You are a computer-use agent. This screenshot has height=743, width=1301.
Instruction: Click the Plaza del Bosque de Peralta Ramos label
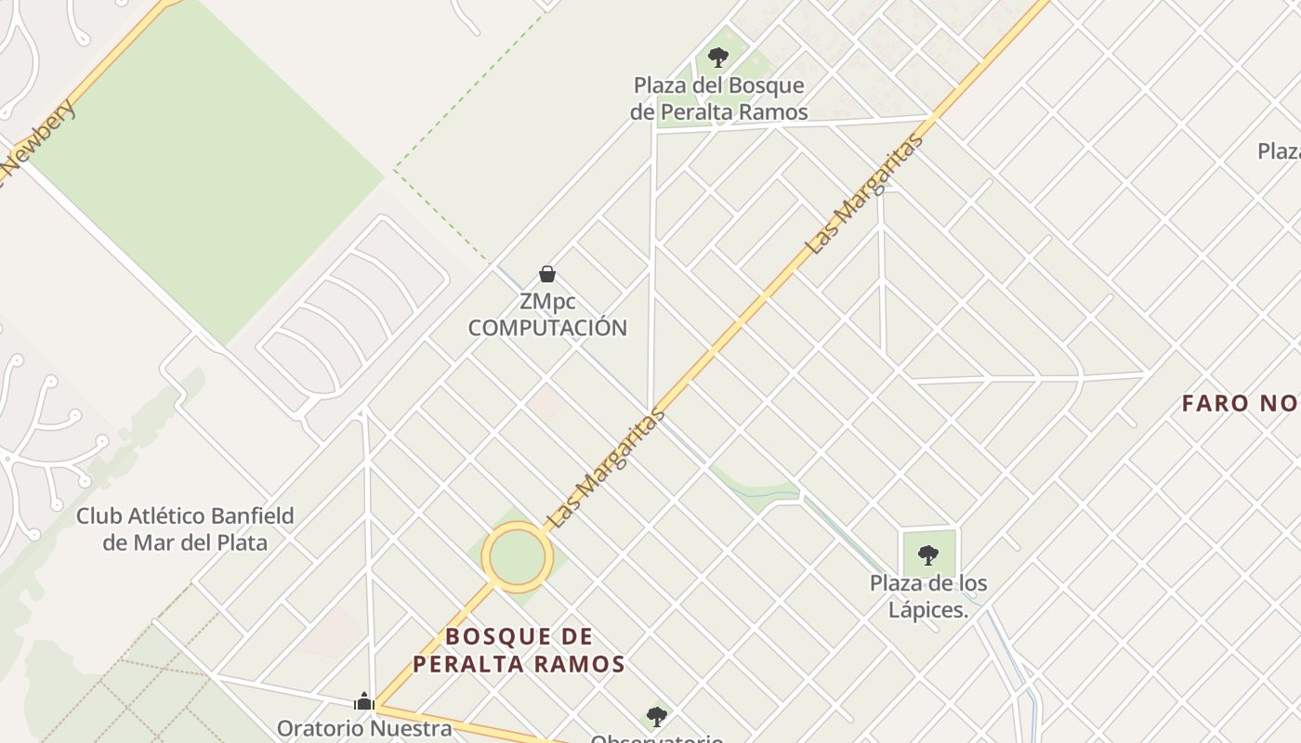click(x=718, y=98)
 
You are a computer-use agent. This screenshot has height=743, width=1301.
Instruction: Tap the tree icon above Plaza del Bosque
click(x=717, y=58)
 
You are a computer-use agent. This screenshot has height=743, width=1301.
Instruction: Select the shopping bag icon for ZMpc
click(x=547, y=274)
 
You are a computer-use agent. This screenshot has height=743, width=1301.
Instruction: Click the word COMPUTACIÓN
click(x=547, y=328)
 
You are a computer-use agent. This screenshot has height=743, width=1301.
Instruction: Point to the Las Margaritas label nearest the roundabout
click(x=607, y=468)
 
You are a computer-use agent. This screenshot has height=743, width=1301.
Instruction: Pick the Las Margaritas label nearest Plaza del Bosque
click(x=865, y=194)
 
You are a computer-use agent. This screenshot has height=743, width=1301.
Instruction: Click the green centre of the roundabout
click(x=517, y=556)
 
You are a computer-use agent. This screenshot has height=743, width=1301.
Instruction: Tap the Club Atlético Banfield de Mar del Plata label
click(x=185, y=528)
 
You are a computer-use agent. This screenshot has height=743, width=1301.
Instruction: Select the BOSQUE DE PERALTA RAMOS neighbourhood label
click(x=519, y=650)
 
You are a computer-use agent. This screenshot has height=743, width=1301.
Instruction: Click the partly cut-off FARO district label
click(x=1240, y=404)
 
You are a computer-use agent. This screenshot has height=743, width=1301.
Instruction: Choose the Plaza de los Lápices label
click(x=928, y=596)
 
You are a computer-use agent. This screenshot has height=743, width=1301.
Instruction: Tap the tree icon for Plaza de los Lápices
click(x=927, y=555)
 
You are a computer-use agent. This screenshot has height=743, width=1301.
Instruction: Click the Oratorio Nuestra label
click(x=364, y=728)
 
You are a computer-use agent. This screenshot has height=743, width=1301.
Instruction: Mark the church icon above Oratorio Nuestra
click(x=364, y=701)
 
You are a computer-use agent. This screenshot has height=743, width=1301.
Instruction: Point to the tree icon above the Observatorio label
click(x=657, y=716)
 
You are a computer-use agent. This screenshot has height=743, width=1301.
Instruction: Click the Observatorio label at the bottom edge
click(x=657, y=737)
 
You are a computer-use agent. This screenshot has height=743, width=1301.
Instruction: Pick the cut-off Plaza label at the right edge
click(x=1279, y=150)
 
